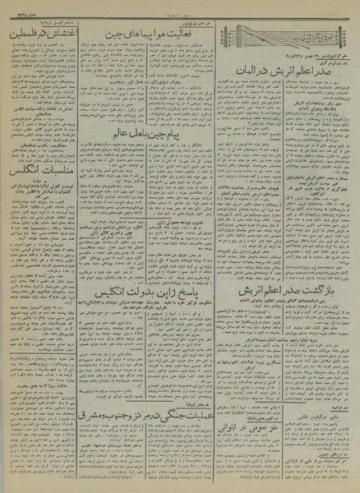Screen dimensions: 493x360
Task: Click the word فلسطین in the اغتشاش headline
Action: (x=29, y=36)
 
